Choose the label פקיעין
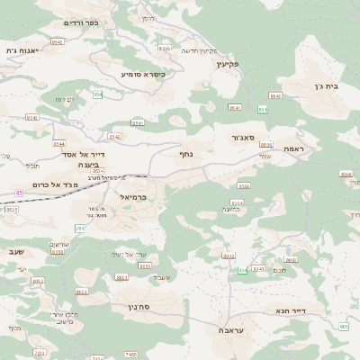point(252,65)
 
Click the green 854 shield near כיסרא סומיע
point(97,94)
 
